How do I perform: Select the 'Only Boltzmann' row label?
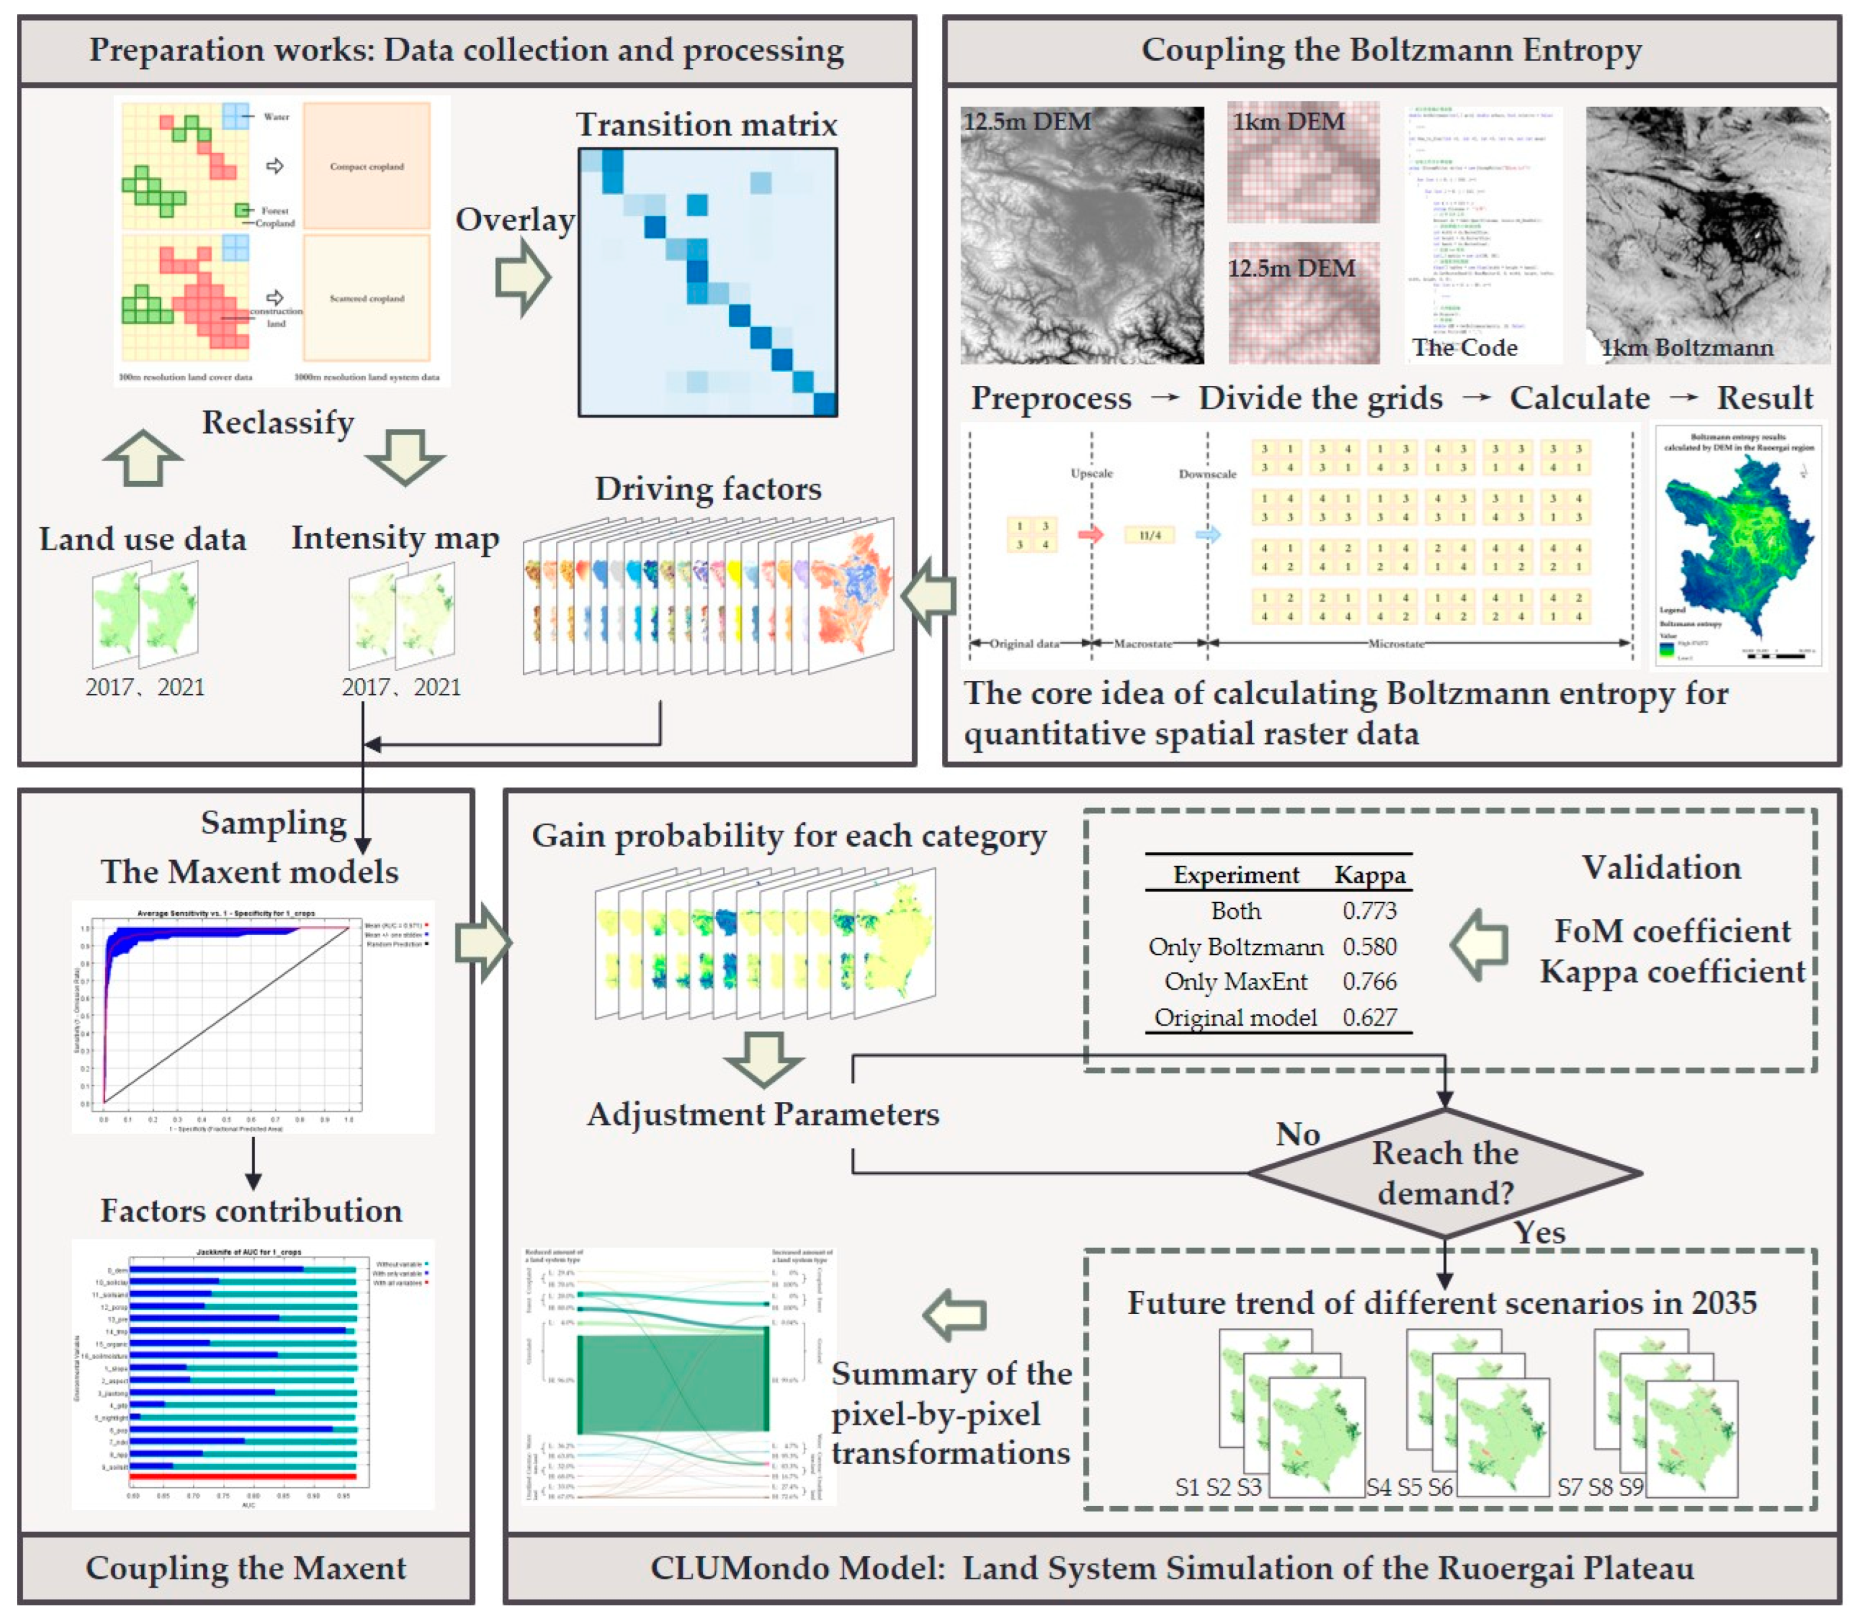pyautogui.click(x=1235, y=947)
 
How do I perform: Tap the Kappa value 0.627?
pyautogui.click(x=1369, y=1017)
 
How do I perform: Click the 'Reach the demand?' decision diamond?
pyautogui.click(x=1444, y=1172)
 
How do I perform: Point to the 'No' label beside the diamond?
pyautogui.click(x=1297, y=1134)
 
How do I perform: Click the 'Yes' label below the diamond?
pyautogui.click(x=1539, y=1233)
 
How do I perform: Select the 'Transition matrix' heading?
pyautogui.click(x=707, y=124)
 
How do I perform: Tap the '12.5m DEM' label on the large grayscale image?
pyautogui.click(x=1027, y=122)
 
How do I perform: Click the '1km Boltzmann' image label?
pyautogui.click(x=1686, y=347)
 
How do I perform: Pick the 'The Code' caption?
pyautogui.click(x=1464, y=347)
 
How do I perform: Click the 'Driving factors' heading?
pyautogui.click(x=708, y=489)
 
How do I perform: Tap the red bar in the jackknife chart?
pyautogui.click(x=243, y=1476)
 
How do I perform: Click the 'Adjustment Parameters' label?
pyautogui.click(x=763, y=1115)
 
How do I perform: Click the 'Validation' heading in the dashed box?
pyautogui.click(x=1661, y=868)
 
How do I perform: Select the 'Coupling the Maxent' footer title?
pyautogui.click(x=245, y=1568)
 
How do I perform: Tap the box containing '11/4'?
pyautogui.click(x=1150, y=535)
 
